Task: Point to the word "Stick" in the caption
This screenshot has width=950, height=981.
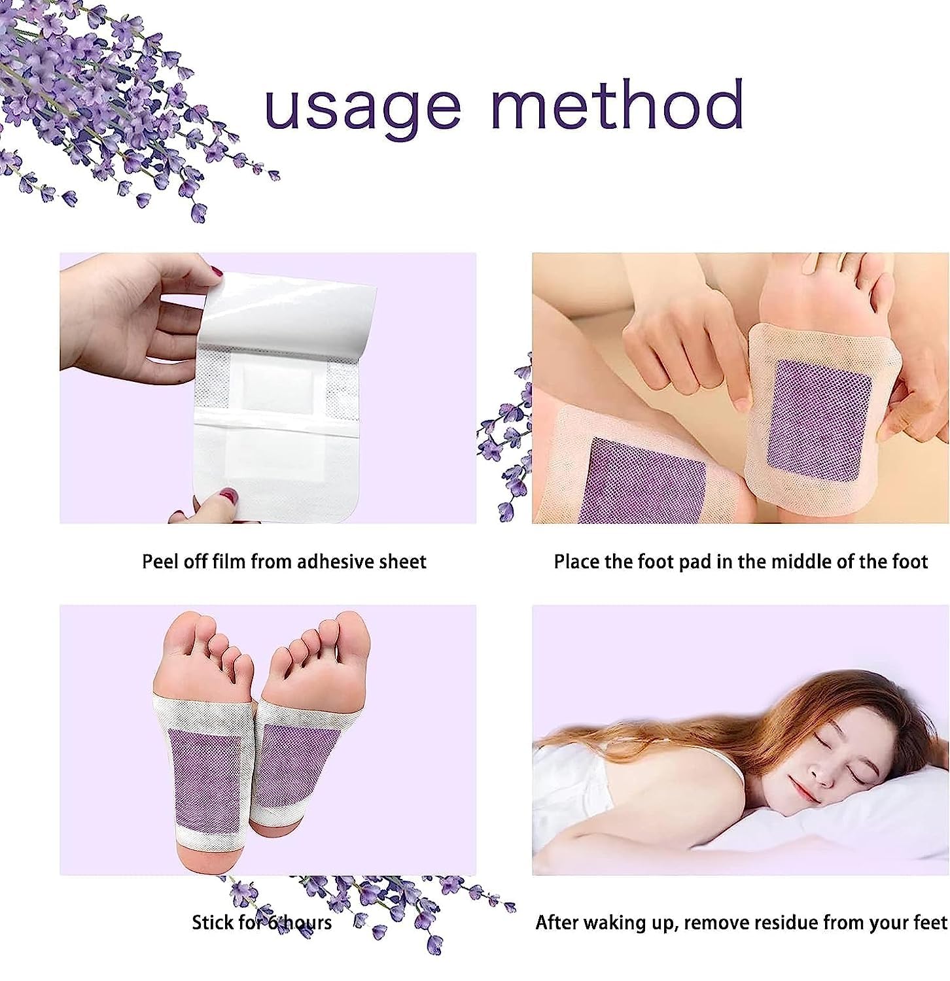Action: click(x=213, y=922)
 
